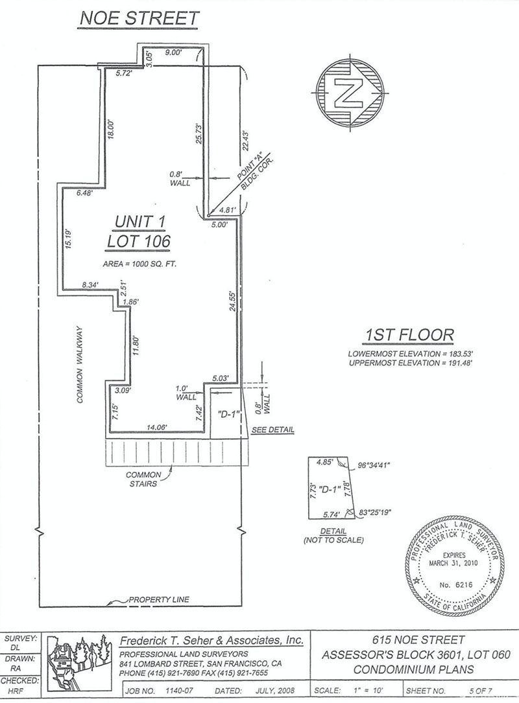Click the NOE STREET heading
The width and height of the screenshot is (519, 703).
(139, 18)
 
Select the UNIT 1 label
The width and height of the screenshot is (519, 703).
(140, 221)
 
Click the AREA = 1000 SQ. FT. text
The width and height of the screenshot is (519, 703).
(139, 264)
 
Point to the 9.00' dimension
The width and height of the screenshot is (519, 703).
(173, 53)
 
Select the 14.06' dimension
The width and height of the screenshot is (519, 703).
(157, 428)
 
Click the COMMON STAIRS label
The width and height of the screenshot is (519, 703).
(143, 479)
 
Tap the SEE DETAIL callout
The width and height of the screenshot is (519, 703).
(273, 430)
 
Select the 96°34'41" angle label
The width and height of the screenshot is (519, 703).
(374, 465)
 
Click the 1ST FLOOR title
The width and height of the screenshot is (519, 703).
(409, 335)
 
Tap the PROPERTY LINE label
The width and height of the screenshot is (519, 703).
(159, 599)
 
